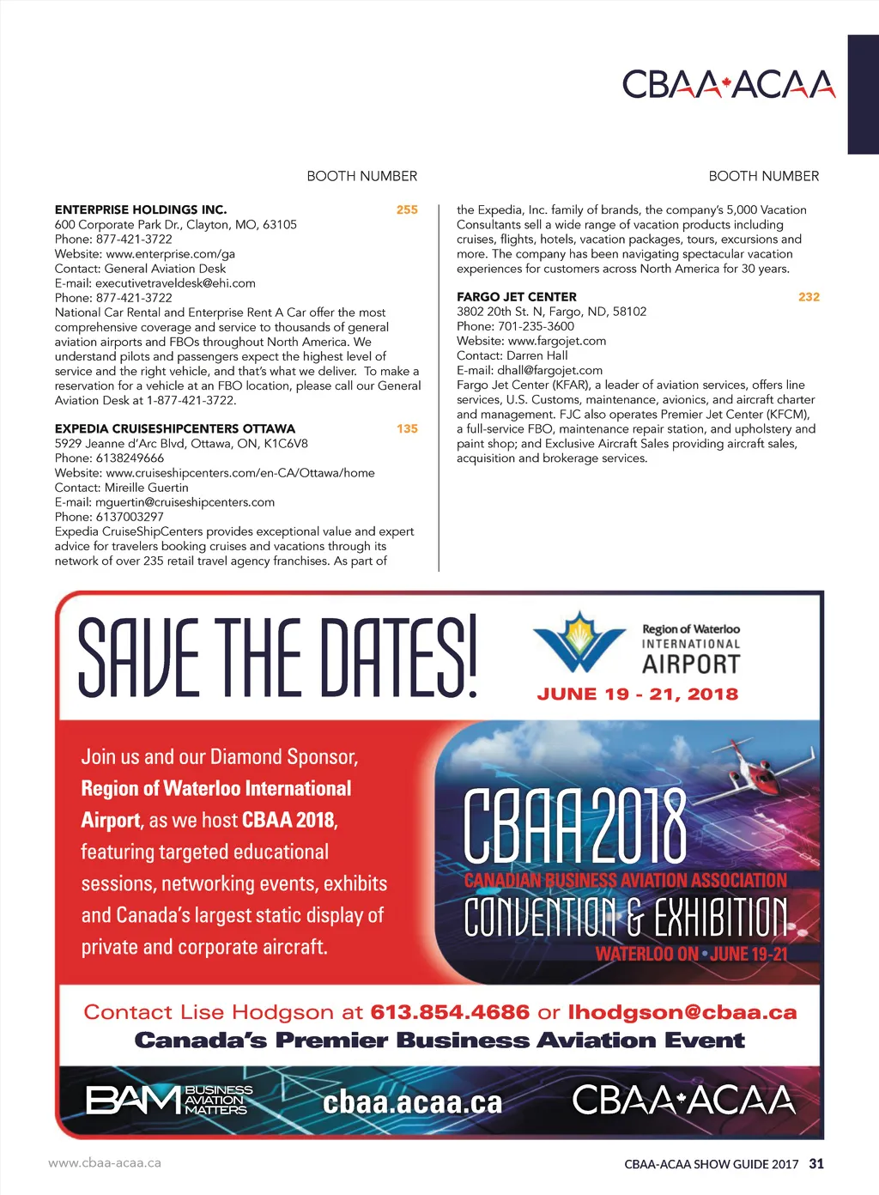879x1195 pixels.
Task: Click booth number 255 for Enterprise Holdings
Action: [x=407, y=209]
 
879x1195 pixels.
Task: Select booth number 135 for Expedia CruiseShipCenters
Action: [x=407, y=428]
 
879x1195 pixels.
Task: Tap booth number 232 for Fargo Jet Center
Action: [x=809, y=297]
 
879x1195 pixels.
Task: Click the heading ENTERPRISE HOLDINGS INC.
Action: [x=141, y=209]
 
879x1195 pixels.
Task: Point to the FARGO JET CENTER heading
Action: [x=517, y=297]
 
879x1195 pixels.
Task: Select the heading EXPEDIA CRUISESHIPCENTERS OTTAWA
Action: [x=175, y=428]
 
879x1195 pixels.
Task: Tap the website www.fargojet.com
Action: [x=557, y=341]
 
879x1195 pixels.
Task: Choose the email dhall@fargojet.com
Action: [x=549, y=370]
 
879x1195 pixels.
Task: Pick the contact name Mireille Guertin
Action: [x=146, y=488]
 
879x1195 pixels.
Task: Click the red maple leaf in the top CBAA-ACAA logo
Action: [x=725, y=84]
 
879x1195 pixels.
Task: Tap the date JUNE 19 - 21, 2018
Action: [x=637, y=694]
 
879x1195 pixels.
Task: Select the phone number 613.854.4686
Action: [x=450, y=1012]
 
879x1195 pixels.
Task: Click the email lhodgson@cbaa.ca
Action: [x=682, y=1012]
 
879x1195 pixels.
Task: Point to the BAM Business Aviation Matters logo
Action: [x=169, y=1100]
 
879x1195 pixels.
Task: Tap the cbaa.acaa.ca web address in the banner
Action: [x=412, y=1102]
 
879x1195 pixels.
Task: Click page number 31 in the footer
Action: [x=816, y=1164]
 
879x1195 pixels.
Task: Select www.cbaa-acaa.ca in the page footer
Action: [x=105, y=1163]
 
